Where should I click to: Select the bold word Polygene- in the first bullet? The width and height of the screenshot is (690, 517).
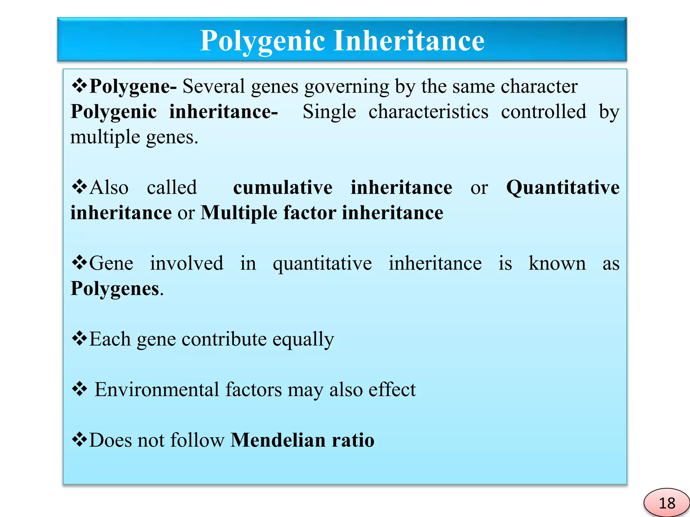click(133, 87)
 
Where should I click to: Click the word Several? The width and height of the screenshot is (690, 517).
click(214, 86)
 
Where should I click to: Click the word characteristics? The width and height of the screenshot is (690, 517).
click(428, 112)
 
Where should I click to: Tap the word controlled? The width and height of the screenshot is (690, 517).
click(543, 112)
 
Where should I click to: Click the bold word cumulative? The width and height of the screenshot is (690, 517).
click(283, 187)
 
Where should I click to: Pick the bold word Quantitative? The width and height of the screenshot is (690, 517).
click(563, 187)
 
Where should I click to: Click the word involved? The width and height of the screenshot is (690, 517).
click(186, 263)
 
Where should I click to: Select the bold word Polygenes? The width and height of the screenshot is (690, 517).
click(115, 289)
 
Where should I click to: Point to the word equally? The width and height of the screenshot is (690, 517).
click(303, 339)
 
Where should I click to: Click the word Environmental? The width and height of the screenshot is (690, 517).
click(157, 390)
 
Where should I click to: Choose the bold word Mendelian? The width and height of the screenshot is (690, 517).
click(278, 440)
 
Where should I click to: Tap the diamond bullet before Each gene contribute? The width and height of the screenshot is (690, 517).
click(80, 338)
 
